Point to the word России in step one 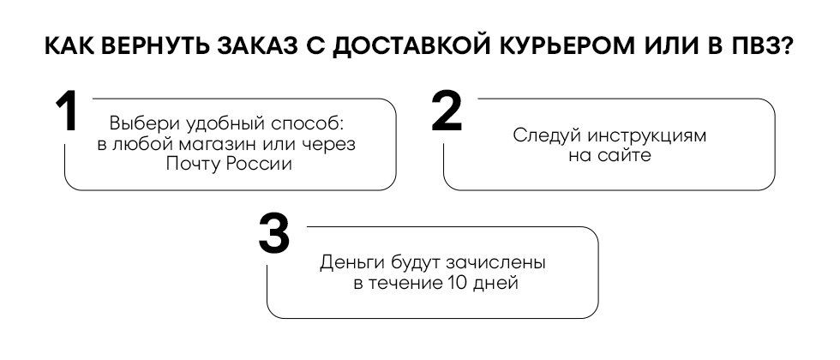click(259, 164)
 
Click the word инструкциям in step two click(646, 135)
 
